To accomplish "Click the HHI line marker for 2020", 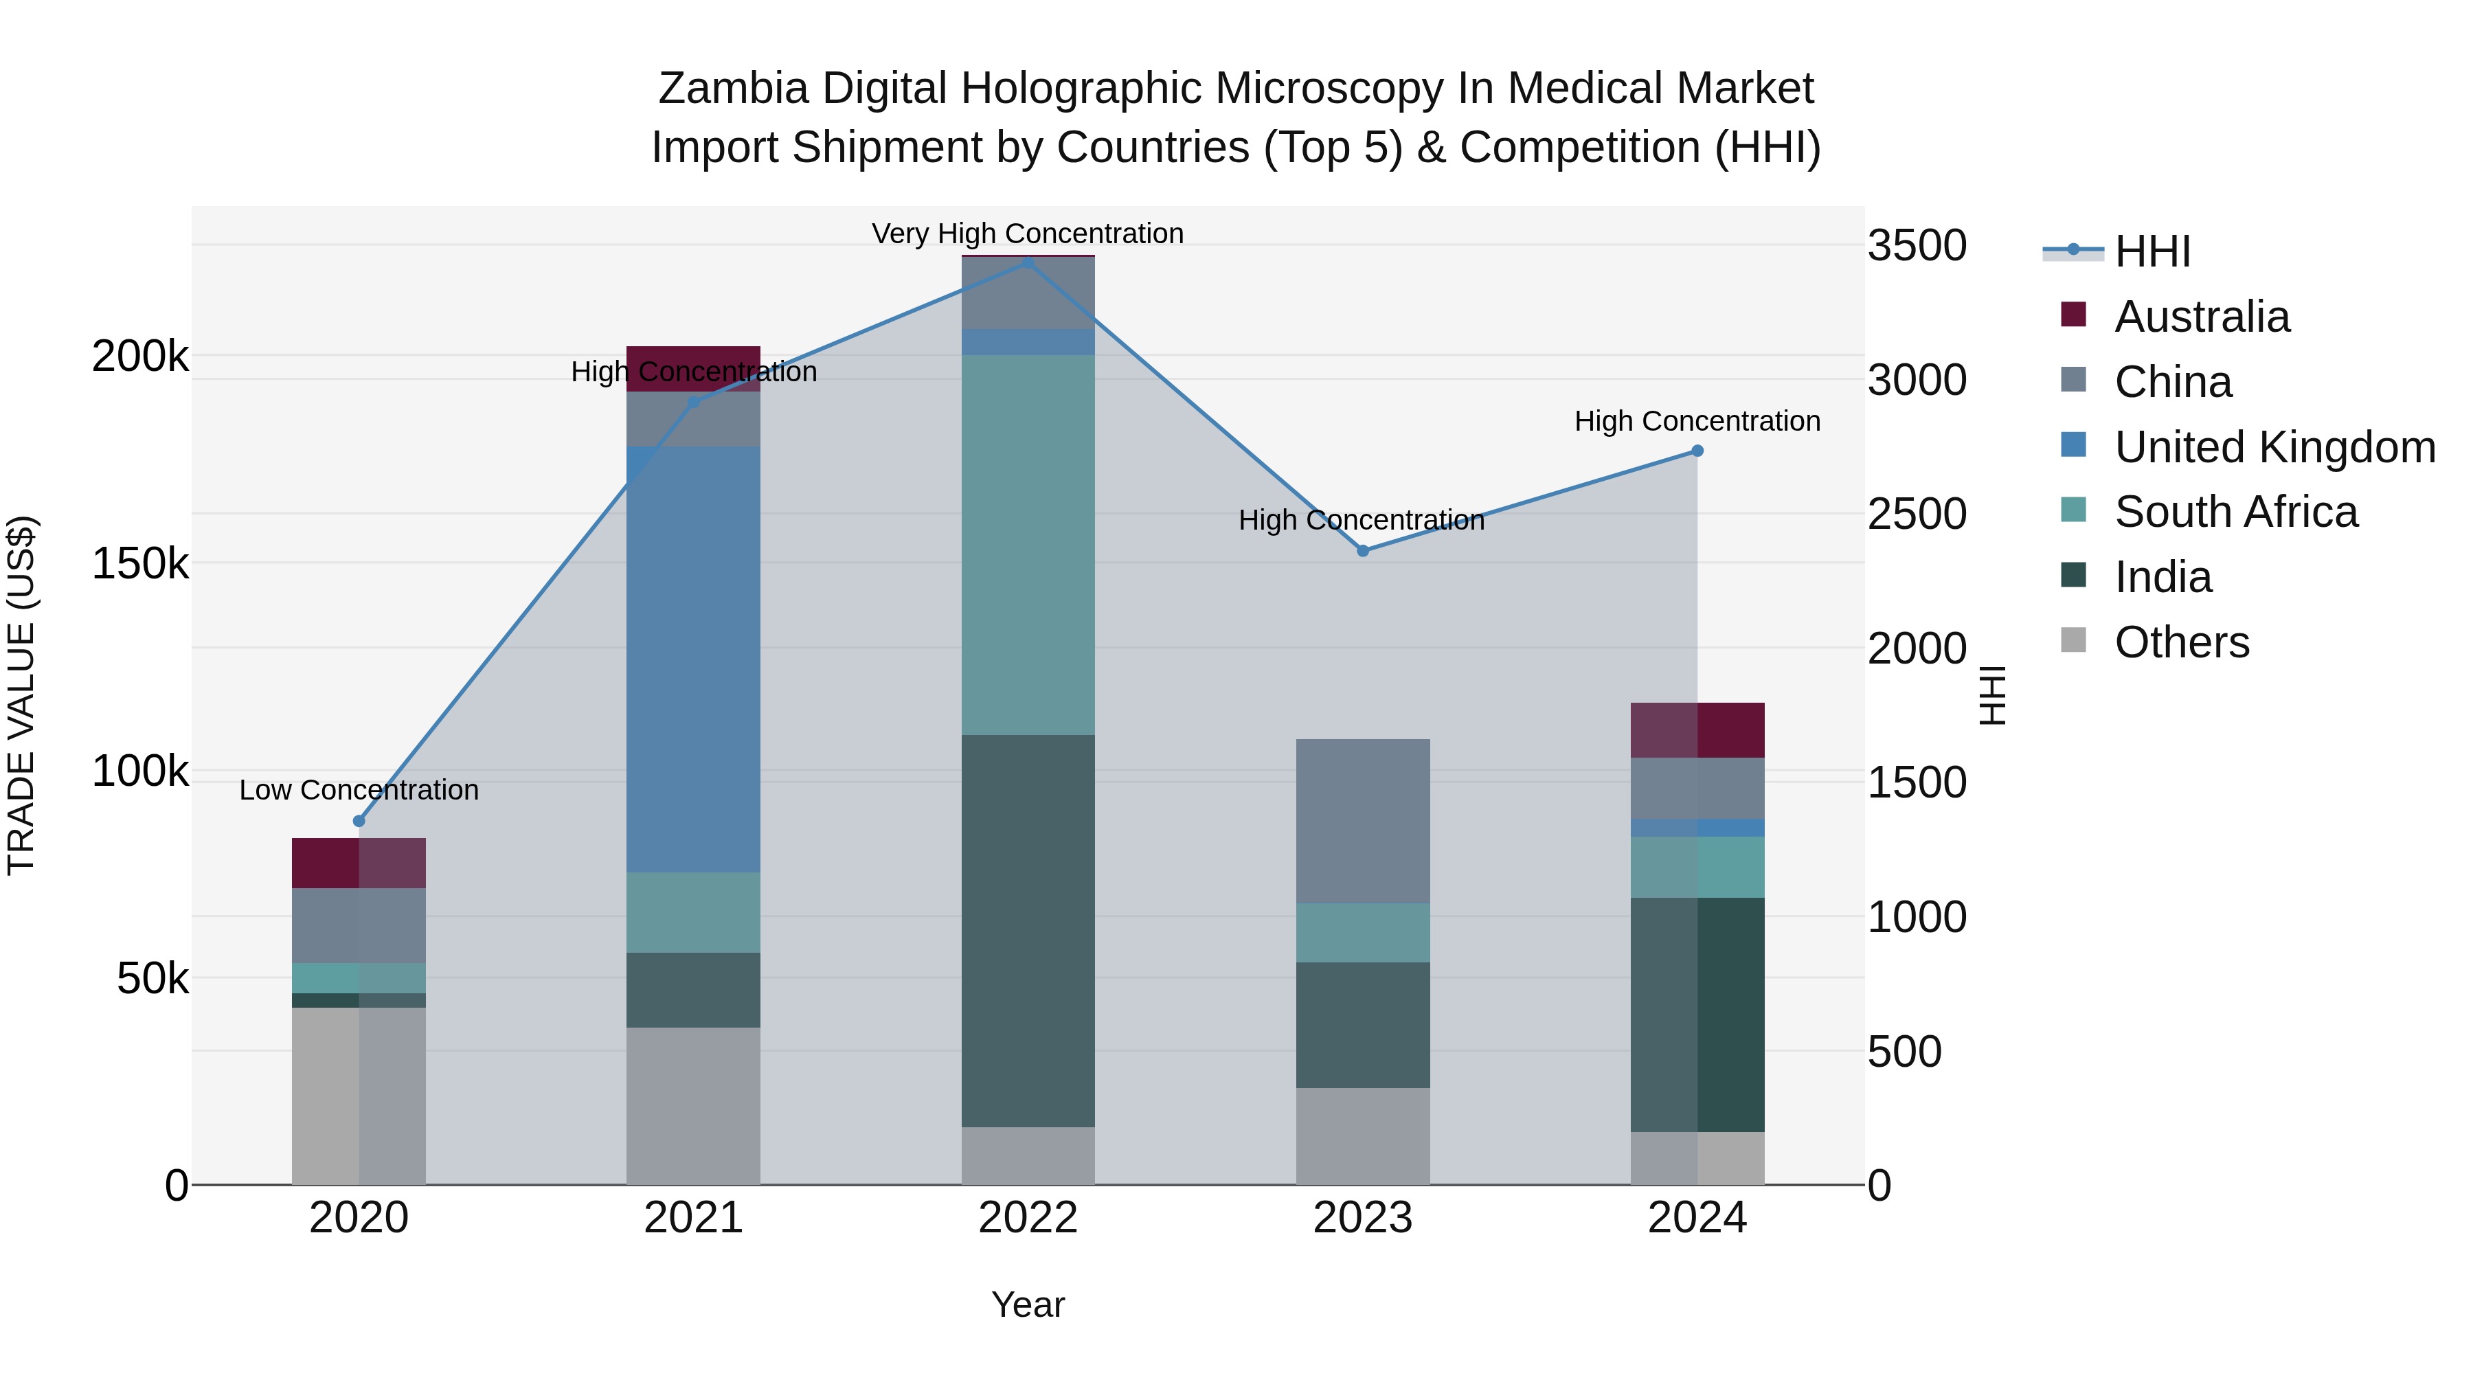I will coord(359,821).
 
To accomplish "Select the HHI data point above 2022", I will coord(1028,262).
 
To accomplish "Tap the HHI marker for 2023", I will coord(1362,551).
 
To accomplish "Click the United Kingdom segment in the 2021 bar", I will coord(693,659).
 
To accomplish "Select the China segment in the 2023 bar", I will coord(1362,821).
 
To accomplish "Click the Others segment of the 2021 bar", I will coord(693,1106).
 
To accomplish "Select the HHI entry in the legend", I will coord(2152,251).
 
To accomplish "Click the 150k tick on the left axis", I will coord(140,563).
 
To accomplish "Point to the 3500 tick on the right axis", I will coord(1916,246).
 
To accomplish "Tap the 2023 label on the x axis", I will coord(1362,1218).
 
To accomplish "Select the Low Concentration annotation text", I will coord(359,790).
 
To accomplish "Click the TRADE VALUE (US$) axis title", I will coord(21,695).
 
